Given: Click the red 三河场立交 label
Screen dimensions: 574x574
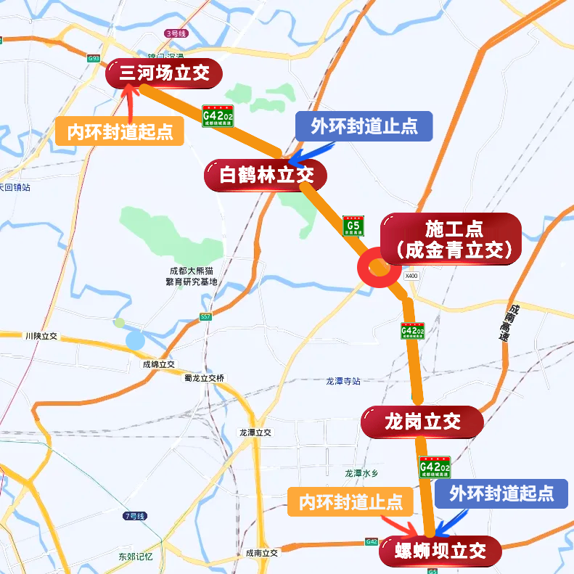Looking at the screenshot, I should (x=163, y=73).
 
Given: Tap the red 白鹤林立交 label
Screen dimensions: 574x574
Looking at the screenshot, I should (x=266, y=176).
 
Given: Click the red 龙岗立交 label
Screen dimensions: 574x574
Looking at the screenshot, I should (x=422, y=422).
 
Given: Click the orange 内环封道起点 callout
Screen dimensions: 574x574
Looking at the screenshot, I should (x=120, y=131).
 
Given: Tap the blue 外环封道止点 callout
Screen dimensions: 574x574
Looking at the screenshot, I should (x=364, y=126).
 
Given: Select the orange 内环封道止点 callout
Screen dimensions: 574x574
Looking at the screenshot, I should (x=350, y=501).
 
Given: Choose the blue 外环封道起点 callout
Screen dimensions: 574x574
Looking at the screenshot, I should (x=501, y=493).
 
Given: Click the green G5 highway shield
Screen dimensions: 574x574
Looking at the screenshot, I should (x=353, y=226).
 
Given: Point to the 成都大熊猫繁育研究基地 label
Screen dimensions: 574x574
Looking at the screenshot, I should (x=192, y=276).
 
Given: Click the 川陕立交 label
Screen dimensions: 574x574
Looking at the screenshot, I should (x=41, y=337).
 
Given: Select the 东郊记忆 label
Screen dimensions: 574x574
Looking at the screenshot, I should (x=136, y=557).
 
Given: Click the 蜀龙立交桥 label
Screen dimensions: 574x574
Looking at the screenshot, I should (x=205, y=377).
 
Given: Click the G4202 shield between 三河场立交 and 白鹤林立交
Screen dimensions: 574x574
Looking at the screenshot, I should (x=218, y=116).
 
